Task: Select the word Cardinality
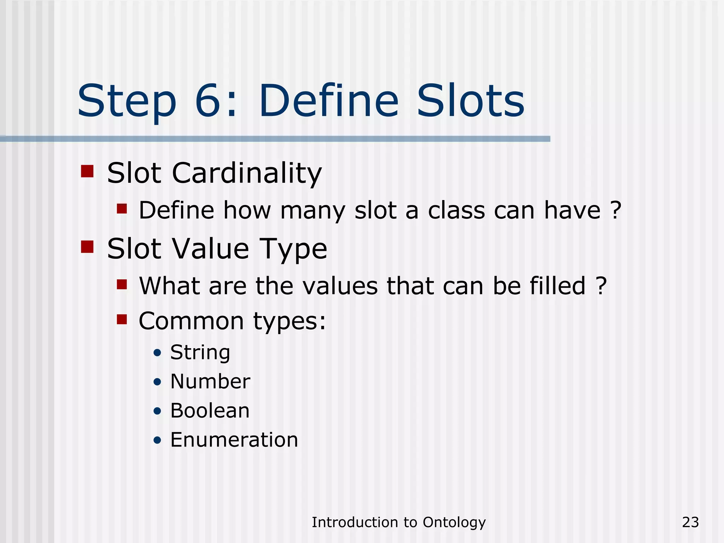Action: coord(247,173)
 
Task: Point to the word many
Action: coord(313,211)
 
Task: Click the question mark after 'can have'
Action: coord(615,210)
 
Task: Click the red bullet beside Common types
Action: coord(122,319)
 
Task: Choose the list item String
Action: coord(200,352)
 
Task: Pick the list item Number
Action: coord(210,381)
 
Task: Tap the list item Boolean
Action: coord(210,411)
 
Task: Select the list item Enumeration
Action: coord(234,440)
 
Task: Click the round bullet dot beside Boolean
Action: coord(158,411)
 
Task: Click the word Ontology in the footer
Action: coord(454,522)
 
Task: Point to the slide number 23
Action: coord(690,522)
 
